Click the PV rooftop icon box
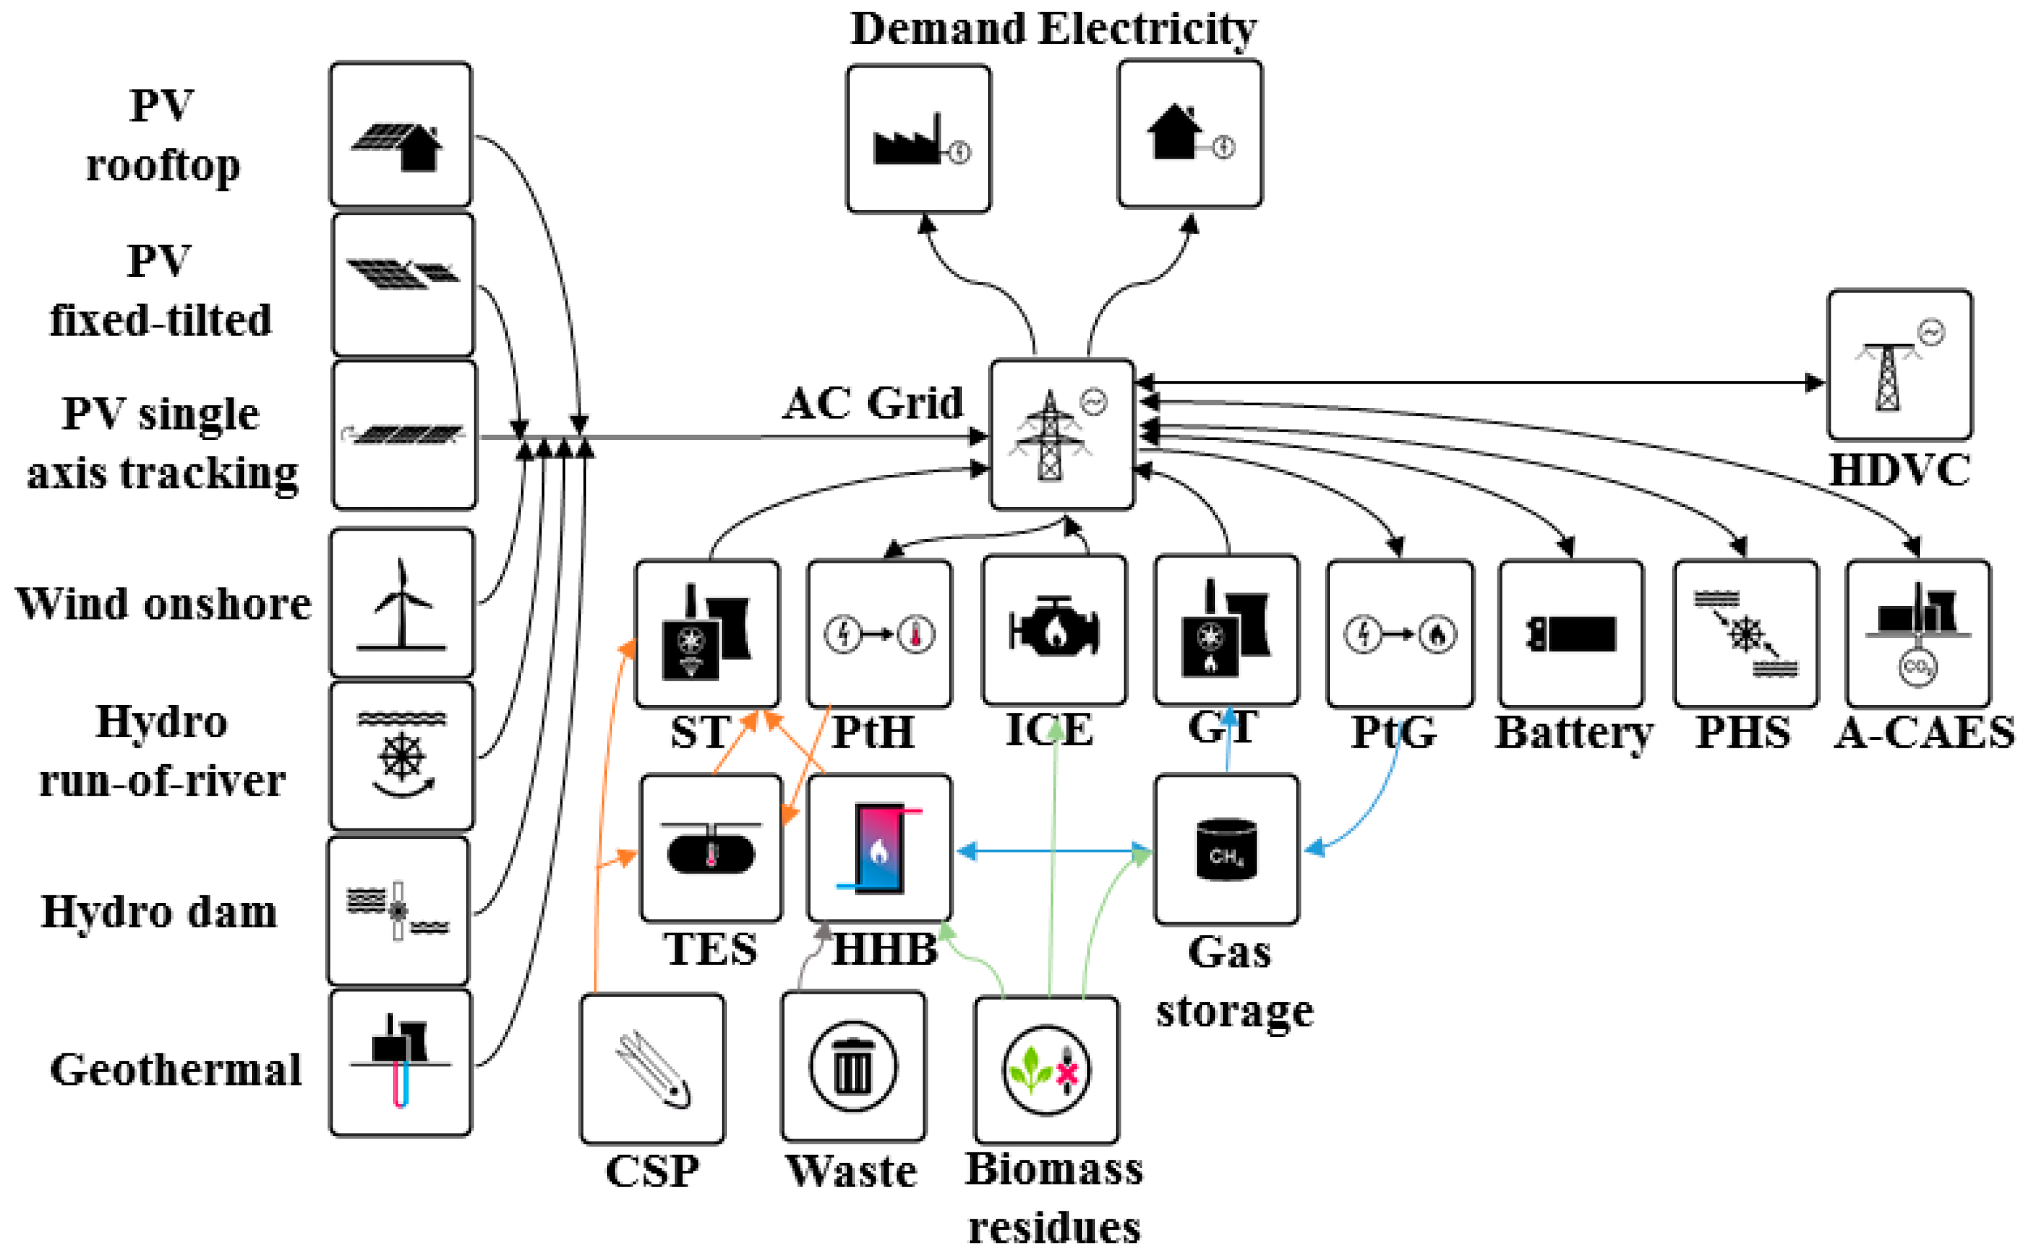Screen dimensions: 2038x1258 [x=400, y=134]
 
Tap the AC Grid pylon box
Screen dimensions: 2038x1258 [x=1062, y=434]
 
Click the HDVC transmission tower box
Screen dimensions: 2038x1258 [x=1900, y=365]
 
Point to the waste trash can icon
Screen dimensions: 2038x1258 [x=853, y=1066]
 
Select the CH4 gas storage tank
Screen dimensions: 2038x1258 [x=1226, y=849]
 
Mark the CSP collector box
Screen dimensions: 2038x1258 [x=652, y=1069]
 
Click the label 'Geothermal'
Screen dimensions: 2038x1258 [x=176, y=1069]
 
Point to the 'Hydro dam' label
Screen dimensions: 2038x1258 [x=159, y=911]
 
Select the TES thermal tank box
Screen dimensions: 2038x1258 [x=711, y=849]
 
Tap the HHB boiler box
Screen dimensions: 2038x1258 [x=880, y=849]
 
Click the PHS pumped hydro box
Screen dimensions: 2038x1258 [x=1746, y=634]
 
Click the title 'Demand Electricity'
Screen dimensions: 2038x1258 [x=1054, y=28]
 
